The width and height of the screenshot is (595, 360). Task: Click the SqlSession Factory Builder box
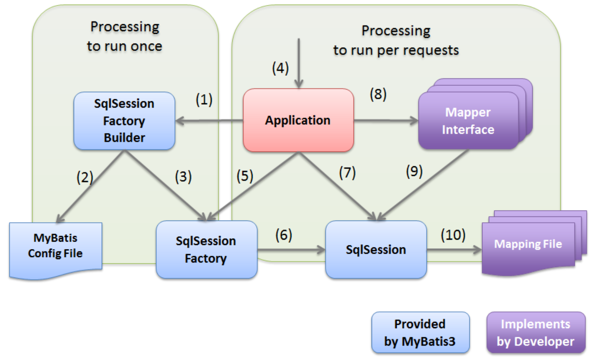[x=124, y=121]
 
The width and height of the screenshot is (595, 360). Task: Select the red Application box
[x=298, y=120]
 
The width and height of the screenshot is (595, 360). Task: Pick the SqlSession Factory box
[x=206, y=249]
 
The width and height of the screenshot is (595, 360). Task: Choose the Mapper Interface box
[x=468, y=121]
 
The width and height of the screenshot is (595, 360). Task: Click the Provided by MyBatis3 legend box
[x=420, y=333]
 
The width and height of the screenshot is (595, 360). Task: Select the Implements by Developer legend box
[x=536, y=333]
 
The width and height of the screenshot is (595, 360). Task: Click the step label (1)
[x=204, y=100]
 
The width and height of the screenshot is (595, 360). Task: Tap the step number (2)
[x=85, y=177]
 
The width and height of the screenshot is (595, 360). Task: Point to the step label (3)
[x=183, y=177]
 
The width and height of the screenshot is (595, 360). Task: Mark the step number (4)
[x=280, y=68]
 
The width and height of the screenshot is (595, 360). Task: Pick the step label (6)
[x=284, y=235]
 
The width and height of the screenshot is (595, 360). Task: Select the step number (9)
[x=414, y=171]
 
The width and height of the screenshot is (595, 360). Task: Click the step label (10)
[x=453, y=235]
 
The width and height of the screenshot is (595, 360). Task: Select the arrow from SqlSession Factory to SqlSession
[x=291, y=250]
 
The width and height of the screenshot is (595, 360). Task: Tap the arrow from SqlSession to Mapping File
[x=454, y=250]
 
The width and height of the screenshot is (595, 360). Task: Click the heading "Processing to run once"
[x=125, y=36]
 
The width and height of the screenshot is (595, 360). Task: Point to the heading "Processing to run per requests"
[x=396, y=41]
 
